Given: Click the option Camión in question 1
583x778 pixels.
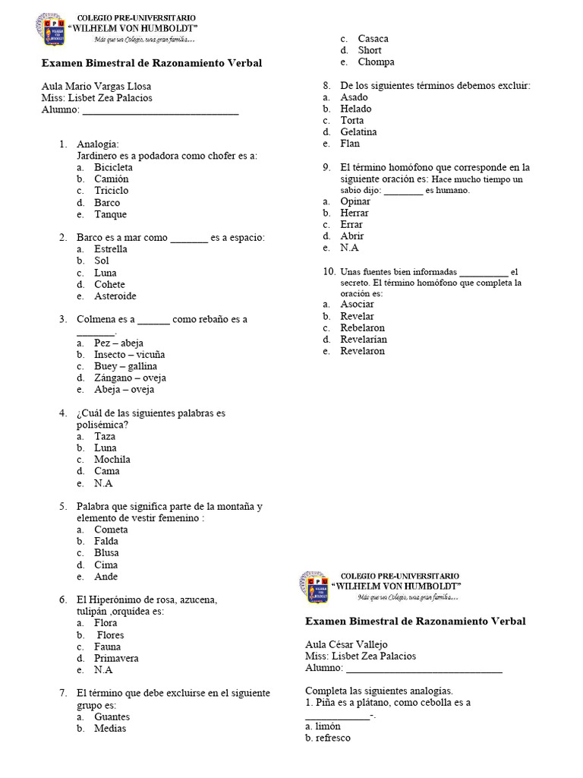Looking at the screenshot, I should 111,179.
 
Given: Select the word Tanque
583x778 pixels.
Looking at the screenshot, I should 111,214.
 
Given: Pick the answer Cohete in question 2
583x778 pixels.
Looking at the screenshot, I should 109,284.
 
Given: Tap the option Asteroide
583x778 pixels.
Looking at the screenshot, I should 115,296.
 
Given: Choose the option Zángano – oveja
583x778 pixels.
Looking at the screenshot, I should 130,378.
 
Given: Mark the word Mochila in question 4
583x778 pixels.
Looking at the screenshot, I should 112,459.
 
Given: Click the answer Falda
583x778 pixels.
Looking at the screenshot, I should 106,541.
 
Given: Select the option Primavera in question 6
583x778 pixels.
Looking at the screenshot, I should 116,658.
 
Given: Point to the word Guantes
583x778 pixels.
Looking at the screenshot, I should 112,716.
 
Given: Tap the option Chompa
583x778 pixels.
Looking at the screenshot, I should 376,62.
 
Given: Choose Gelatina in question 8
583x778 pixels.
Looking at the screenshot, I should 358,131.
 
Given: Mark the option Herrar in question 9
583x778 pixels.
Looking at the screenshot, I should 355,213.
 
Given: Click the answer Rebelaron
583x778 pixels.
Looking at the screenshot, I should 362,327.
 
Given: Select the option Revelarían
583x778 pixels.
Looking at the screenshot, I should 364,339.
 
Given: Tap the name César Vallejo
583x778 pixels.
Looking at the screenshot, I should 358,644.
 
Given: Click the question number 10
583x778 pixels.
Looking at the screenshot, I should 329,271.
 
